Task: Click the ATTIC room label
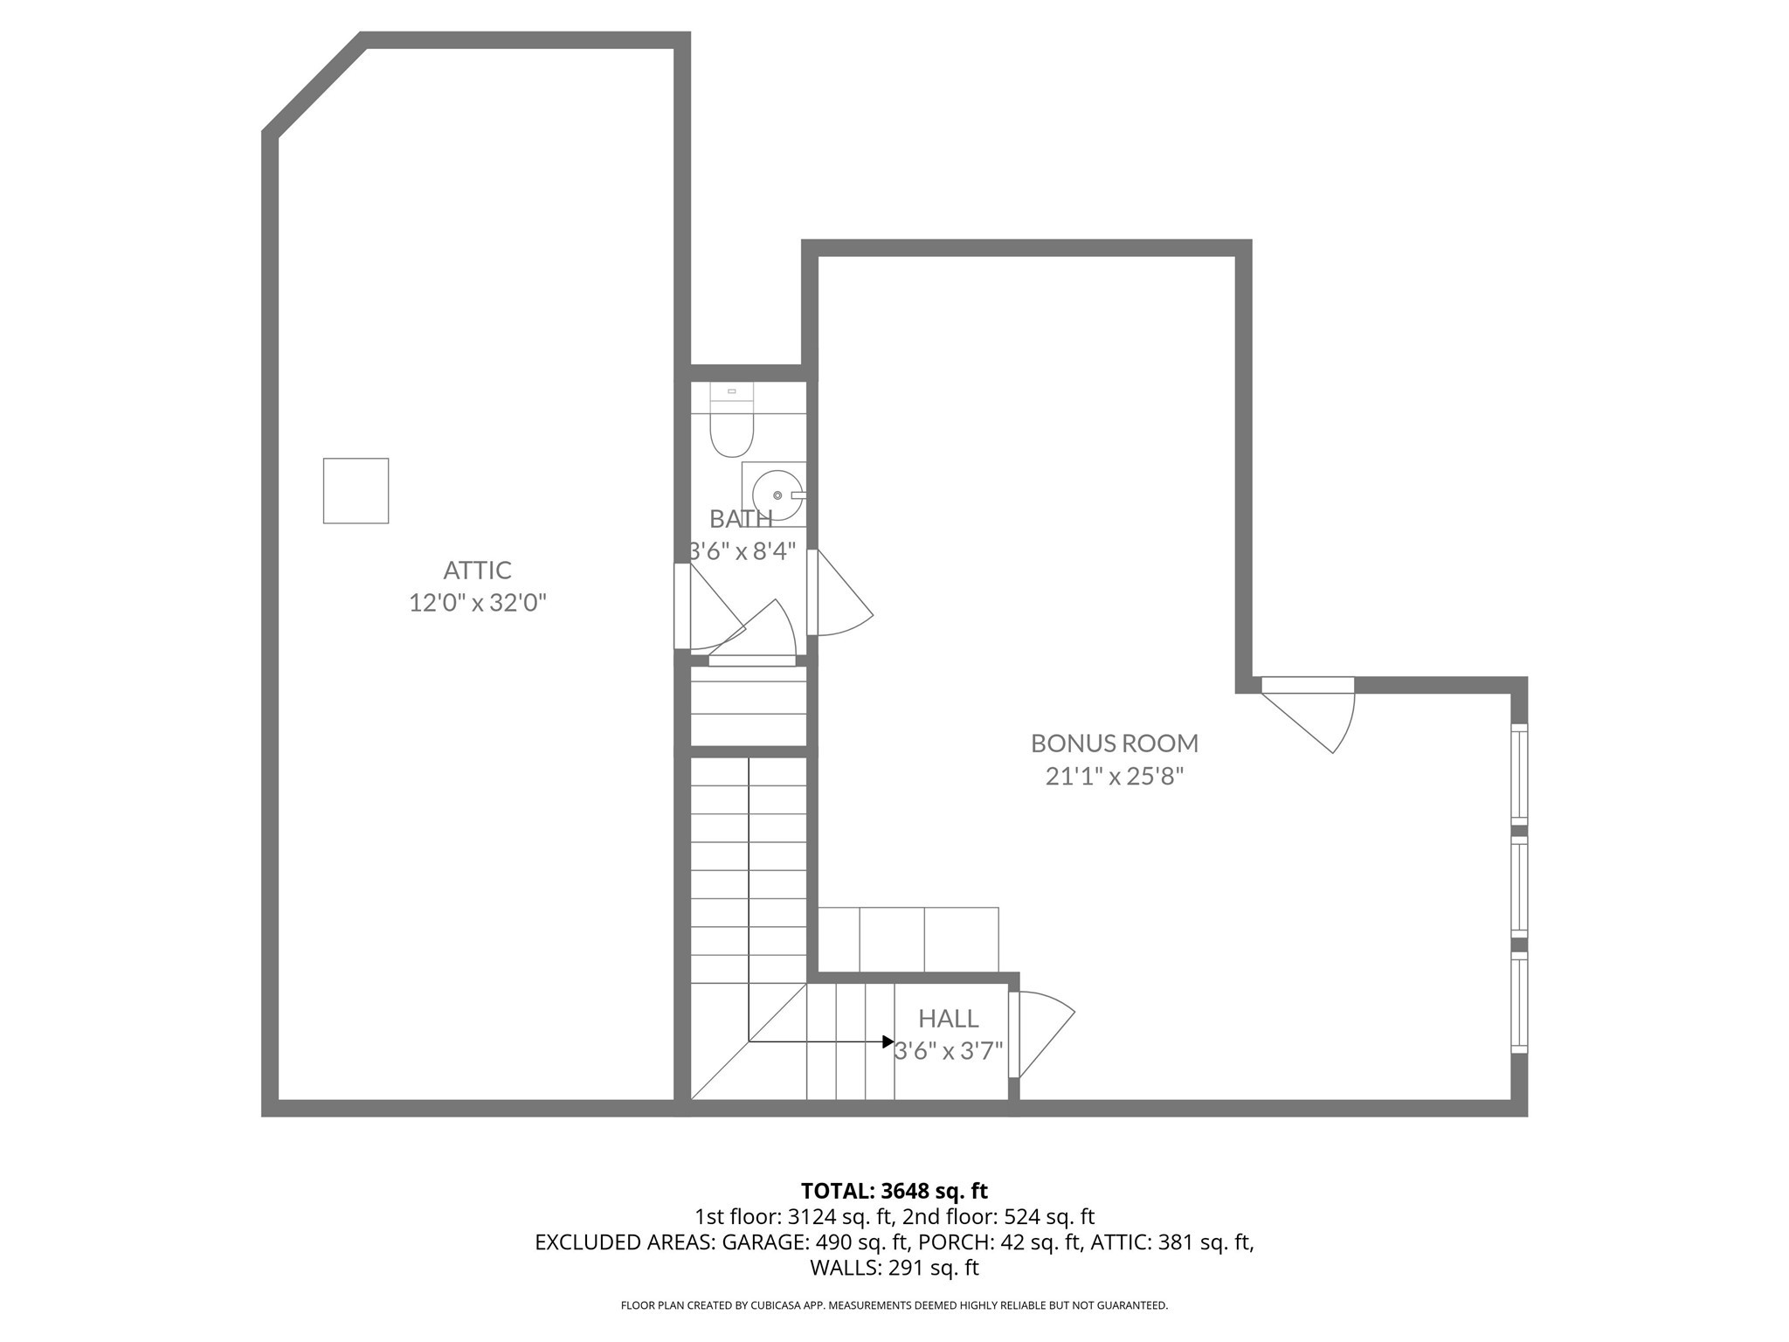pyautogui.click(x=477, y=571)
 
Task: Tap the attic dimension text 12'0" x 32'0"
pyautogui.click(x=477, y=603)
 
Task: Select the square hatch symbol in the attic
pyautogui.click(x=356, y=491)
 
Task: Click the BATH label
pyautogui.click(x=741, y=519)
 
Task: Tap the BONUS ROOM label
pyautogui.click(x=1114, y=744)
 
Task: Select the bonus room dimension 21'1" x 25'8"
pyautogui.click(x=1114, y=776)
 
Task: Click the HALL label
pyautogui.click(x=948, y=1019)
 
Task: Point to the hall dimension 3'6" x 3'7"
pyautogui.click(x=948, y=1050)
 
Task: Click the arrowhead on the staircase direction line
pyautogui.click(x=888, y=1041)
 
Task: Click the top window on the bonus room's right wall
pyautogui.click(x=1519, y=774)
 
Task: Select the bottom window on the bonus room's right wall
pyautogui.click(x=1519, y=1002)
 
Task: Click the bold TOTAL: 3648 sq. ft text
pyautogui.click(x=894, y=1191)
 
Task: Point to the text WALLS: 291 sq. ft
pyautogui.click(x=894, y=1268)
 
